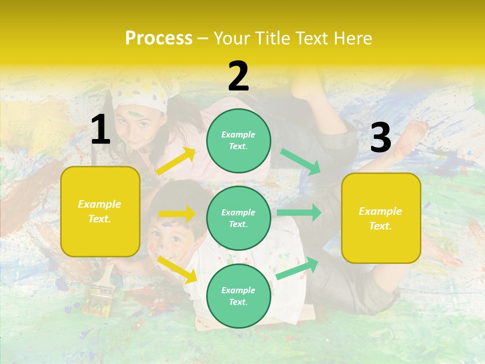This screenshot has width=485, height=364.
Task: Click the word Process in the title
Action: tap(159, 38)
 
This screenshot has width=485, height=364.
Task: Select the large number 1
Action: tap(101, 130)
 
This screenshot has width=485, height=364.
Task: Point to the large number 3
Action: tap(381, 138)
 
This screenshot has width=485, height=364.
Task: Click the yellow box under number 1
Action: tap(100, 211)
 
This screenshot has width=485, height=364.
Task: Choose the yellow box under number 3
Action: tap(381, 218)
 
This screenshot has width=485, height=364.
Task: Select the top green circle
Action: tap(238, 141)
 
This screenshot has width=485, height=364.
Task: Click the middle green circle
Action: tap(238, 218)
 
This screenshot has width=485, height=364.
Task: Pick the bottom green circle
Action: tap(238, 296)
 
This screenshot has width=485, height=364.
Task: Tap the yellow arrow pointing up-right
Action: tap(176, 161)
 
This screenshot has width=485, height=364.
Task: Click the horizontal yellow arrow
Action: tap(177, 214)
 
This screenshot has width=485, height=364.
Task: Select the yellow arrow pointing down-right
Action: tap(177, 269)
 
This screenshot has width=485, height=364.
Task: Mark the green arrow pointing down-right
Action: tap(301, 161)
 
